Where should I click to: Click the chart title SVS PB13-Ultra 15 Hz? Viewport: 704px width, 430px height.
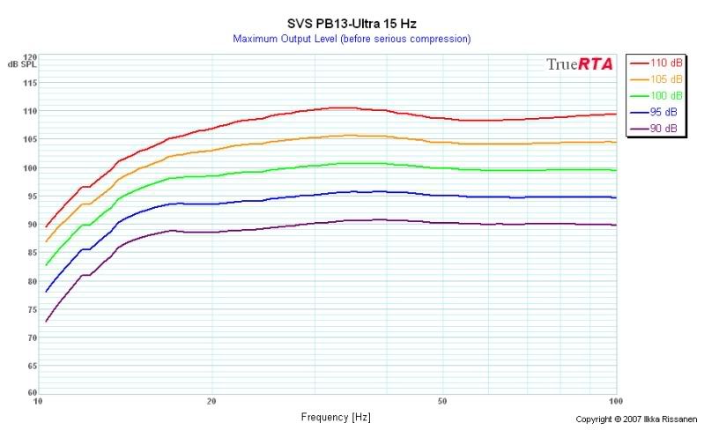351,24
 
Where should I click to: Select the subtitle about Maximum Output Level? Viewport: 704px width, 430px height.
352,39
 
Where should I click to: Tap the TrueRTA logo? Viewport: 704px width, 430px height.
579,64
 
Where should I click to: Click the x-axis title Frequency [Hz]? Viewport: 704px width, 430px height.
336,416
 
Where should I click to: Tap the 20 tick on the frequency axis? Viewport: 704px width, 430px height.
211,401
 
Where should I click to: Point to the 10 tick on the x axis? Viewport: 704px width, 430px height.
38,401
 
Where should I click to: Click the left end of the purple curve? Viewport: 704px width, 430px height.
46,322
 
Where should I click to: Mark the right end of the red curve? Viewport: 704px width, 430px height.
615,114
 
